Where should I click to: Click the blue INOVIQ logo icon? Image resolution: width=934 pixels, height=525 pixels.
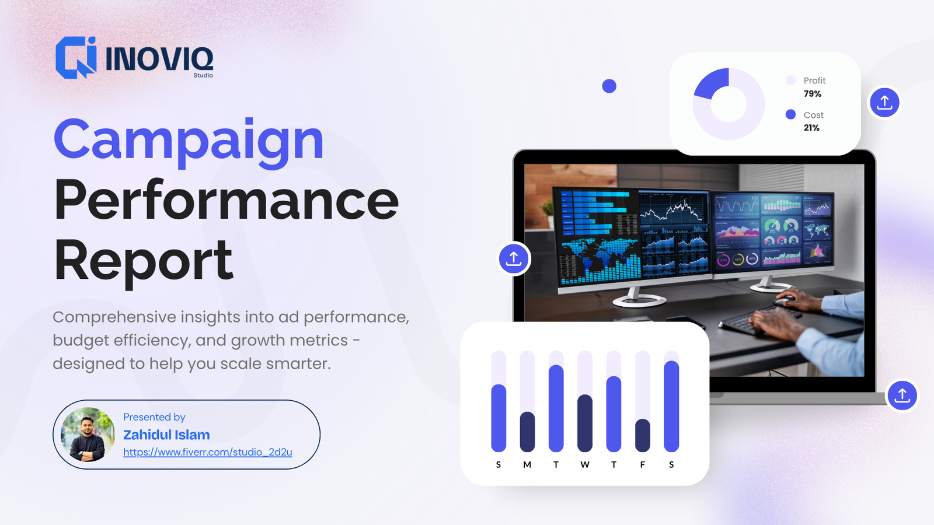pyautogui.click(x=75, y=58)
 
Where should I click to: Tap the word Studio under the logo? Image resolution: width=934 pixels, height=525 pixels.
pyautogui.click(x=203, y=75)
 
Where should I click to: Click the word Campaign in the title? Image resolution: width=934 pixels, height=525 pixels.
pyautogui.click(x=188, y=140)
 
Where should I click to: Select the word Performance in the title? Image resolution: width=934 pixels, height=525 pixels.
pyautogui.click(x=226, y=200)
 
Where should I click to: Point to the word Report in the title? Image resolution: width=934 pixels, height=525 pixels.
pyautogui.click(x=144, y=261)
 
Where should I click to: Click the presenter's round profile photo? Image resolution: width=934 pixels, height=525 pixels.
pyautogui.click(x=88, y=435)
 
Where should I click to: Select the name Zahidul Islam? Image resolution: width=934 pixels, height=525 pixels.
pyautogui.click(x=166, y=435)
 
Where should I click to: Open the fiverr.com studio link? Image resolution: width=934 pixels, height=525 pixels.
pyautogui.click(x=207, y=452)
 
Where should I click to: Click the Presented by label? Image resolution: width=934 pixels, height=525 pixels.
pyautogui.click(x=154, y=417)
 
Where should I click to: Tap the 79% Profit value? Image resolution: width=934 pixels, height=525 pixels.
pyautogui.click(x=812, y=94)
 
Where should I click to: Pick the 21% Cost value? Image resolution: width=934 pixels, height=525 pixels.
pyautogui.click(x=811, y=128)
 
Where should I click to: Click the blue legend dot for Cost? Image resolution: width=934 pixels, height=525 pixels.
pyautogui.click(x=790, y=114)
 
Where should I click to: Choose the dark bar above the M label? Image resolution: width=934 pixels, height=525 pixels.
pyautogui.click(x=527, y=432)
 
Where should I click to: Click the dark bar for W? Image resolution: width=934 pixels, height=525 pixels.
pyautogui.click(x=585, y=423)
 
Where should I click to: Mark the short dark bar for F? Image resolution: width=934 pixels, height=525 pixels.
pyautogui.click(x=643, y=435)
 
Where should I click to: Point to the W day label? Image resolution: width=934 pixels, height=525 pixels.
pyautogui.click(x=585, y=465)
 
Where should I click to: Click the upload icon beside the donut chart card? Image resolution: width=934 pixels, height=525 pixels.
pyautogui.click(x=884, y=103)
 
